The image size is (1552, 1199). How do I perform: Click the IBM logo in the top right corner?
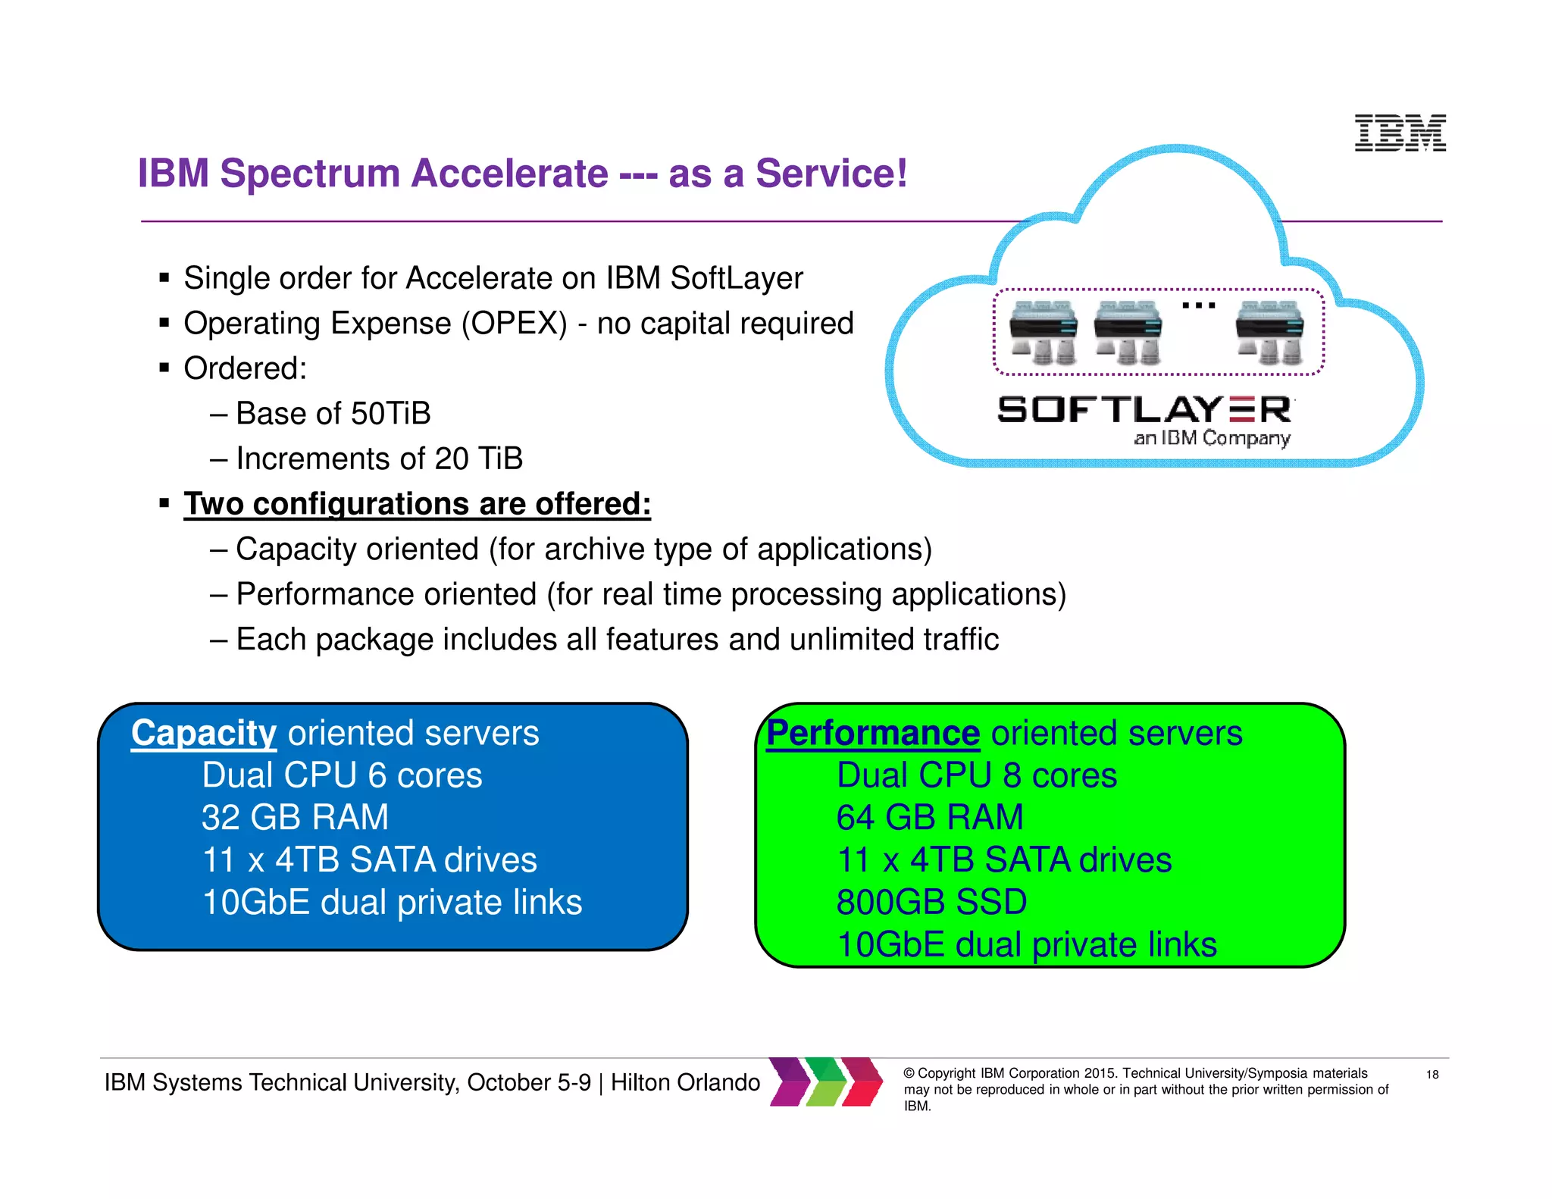point(1400,133)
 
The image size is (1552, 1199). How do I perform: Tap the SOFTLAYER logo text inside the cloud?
point(1145,410)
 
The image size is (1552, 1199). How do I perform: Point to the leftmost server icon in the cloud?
point(1044,331)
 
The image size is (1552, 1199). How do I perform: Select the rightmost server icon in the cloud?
point(1269,331)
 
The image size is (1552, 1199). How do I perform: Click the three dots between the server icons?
point(1199,305)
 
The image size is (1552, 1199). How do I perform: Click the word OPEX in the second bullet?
point(514,324)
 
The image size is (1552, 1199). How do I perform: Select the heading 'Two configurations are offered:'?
point(417,504)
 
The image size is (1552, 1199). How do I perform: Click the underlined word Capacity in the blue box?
point(203,733)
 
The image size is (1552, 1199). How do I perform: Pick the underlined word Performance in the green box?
point(873,733)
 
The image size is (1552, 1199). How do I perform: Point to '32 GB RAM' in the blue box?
point(295,818)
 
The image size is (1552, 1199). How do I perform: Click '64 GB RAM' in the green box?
point(930,818)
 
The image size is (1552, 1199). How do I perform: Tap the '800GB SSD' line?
point(931,902)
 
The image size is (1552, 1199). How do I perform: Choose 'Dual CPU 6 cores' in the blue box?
point(342,775)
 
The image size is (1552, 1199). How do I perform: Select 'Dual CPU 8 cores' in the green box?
point(977,775)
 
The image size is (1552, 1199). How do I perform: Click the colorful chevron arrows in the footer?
point(826,1082)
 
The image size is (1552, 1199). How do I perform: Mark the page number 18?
point(1432,1075)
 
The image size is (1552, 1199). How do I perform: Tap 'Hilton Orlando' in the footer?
point(685,1082)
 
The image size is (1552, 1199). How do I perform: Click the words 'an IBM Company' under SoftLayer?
point(1212,438)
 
